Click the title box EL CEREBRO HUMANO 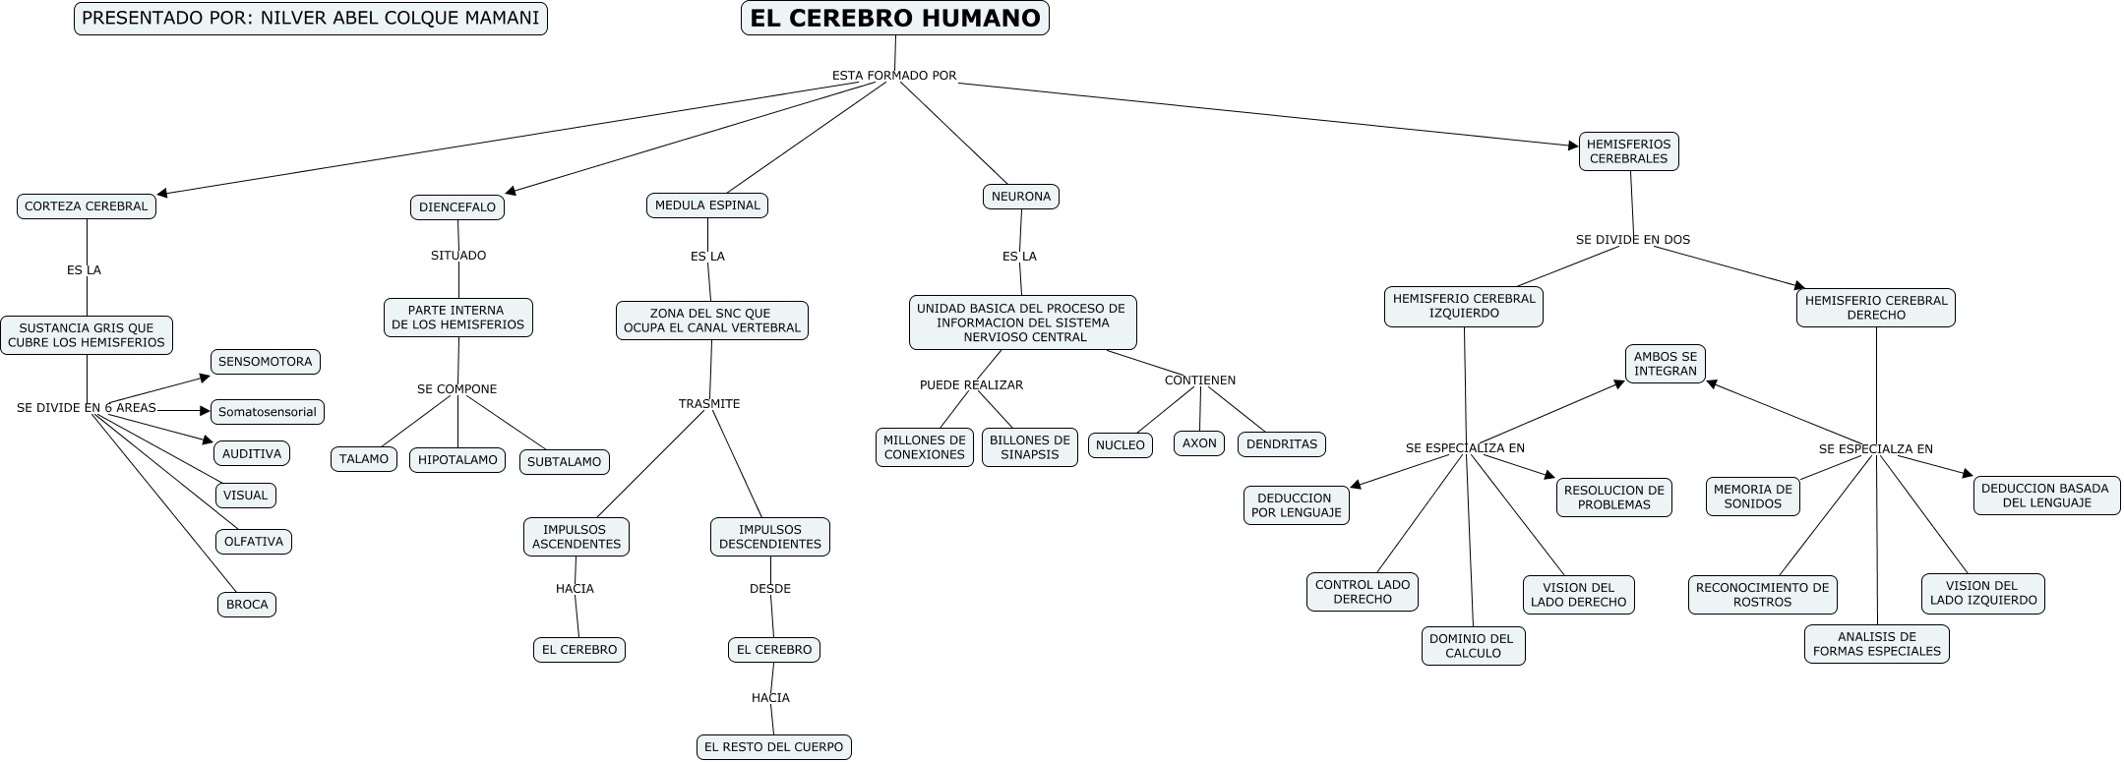tap(894, 19)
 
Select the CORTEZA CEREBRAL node tap(87, 206)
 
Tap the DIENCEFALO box tap(457, 207)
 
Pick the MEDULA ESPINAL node tap(707, 205)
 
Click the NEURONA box tap(1020, 197)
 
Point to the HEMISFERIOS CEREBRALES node tap(1628, 151)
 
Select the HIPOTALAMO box tap(457, 460)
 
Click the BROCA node tap(247, 605)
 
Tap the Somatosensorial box tap(268, 412)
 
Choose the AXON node tap(1199, 443)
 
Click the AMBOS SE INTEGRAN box tap(1666, 364)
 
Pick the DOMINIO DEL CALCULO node tap(1473, 646)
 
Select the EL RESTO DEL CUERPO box tap(773, 747)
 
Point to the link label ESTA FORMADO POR tap(893, 76)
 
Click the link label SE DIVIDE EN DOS tap(1633, 240)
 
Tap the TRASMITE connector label tap(709, 404)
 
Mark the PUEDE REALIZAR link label tap(971, 385)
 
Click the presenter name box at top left tap(311, 19)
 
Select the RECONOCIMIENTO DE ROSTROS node tap(1762, 595)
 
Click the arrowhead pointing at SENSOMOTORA tap(205, 376)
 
